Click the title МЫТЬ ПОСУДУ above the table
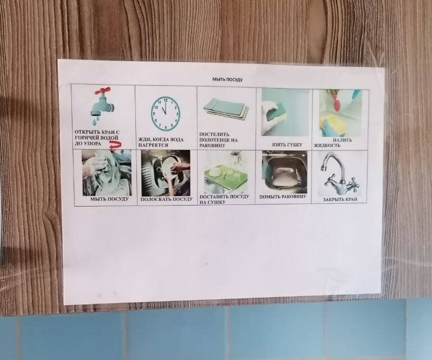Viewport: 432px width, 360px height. [227, 79]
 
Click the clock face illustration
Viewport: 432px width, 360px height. [166, 113]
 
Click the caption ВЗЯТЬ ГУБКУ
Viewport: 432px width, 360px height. [287, 144]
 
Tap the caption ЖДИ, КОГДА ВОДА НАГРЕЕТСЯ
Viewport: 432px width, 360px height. [160, 142]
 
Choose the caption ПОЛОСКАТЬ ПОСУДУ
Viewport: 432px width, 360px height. [167, 199]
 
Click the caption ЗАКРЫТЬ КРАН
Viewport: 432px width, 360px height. [340, 199]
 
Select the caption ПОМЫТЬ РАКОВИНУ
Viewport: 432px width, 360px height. [283, 197]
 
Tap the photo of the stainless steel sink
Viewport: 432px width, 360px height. [284, 172]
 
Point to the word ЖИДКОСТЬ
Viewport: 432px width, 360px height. [327, 145]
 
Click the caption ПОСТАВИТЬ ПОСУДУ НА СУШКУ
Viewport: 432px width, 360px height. [224, 199]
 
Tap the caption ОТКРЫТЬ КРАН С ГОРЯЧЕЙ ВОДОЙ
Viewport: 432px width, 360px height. [97, 135]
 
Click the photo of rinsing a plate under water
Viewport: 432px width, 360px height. [166, 173]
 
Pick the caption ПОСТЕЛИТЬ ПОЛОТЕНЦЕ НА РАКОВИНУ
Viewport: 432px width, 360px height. [218, 140]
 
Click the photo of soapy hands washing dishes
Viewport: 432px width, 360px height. [107, 173]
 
